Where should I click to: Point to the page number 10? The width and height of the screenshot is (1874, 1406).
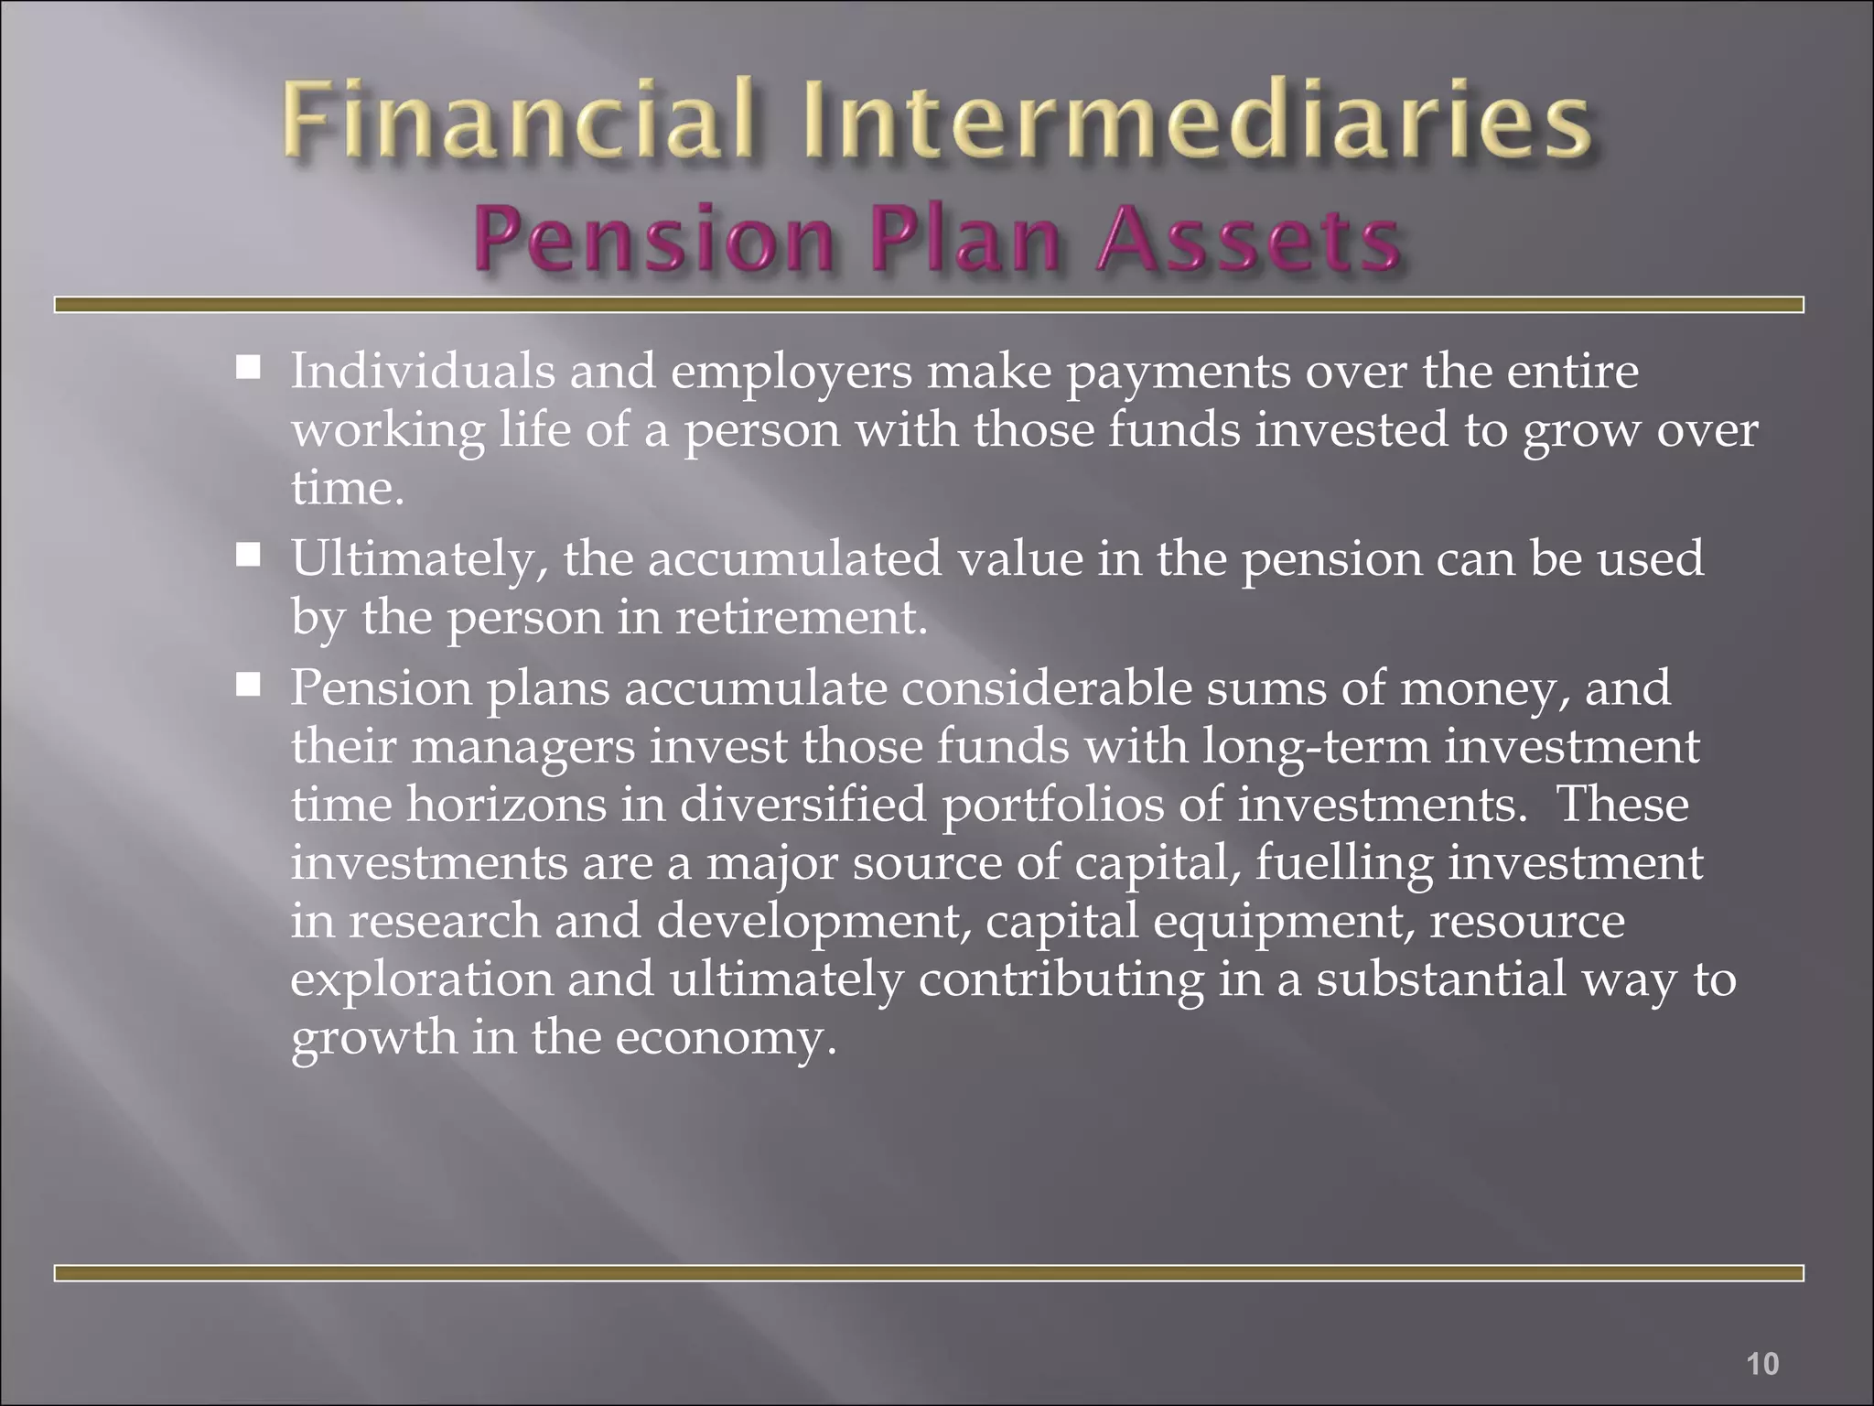[1762, 1364]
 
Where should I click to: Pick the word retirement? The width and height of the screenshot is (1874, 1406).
[802, 618]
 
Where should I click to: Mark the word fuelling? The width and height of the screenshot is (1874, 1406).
[1343, 863]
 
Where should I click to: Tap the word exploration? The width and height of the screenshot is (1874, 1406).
[422, 980]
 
